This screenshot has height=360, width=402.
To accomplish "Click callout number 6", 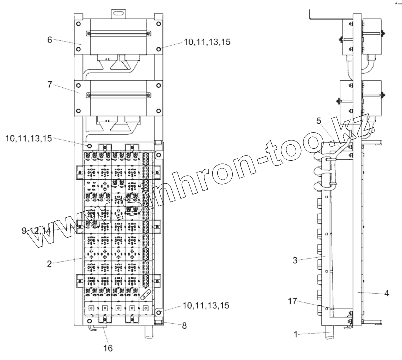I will tap(50, 39).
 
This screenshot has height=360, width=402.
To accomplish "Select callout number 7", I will tap(50, 85).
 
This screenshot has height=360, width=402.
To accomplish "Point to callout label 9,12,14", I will tap(36, 230).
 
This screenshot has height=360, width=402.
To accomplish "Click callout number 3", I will tap(296, 260).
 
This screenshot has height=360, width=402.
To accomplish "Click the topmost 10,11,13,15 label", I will tap(207, 43).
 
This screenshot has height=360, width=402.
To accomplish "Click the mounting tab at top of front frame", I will tap(119, 11).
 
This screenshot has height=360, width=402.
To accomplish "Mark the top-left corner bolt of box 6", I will tap(78, 24).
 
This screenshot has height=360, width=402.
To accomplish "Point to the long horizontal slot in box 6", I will tap(119, 34).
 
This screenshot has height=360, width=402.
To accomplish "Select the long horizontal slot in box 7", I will tap(119, 94).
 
